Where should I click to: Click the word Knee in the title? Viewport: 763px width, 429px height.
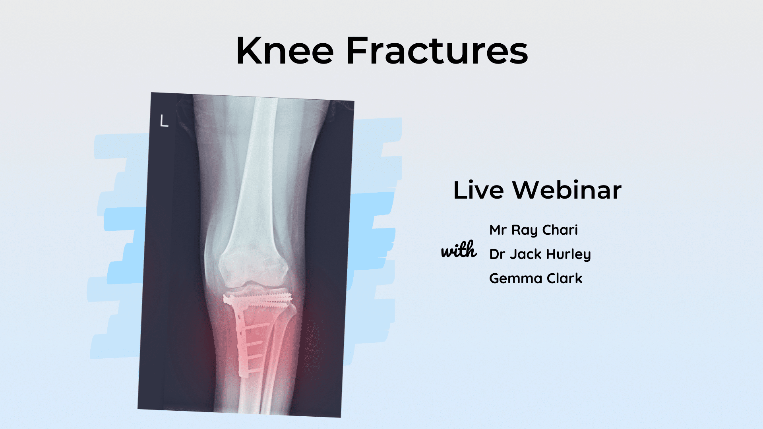click(x=285, y=51)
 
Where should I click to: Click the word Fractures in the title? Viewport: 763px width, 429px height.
click(x=437, y=51)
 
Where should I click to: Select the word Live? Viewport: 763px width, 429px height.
click(x=478, y=190)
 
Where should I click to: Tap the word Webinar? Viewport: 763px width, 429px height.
click(x=567, y=190)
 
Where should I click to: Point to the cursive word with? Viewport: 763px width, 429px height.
click(x=459, y=250)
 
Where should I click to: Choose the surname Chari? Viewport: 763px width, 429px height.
click(x=560, y=230)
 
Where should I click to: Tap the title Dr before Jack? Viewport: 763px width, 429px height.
click(x=497, y=254)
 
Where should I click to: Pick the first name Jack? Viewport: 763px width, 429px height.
click(x=526, y=254)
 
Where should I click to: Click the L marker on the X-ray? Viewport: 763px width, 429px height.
click(x=164, y=121)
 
